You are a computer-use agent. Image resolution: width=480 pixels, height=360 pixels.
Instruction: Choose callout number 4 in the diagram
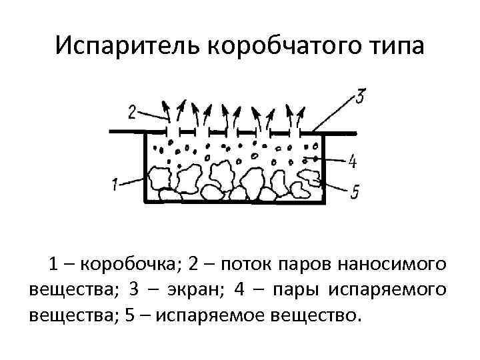353,161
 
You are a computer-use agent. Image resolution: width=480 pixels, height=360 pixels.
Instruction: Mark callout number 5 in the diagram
354,192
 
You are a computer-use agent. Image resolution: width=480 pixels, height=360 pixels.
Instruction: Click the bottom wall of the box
234,201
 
